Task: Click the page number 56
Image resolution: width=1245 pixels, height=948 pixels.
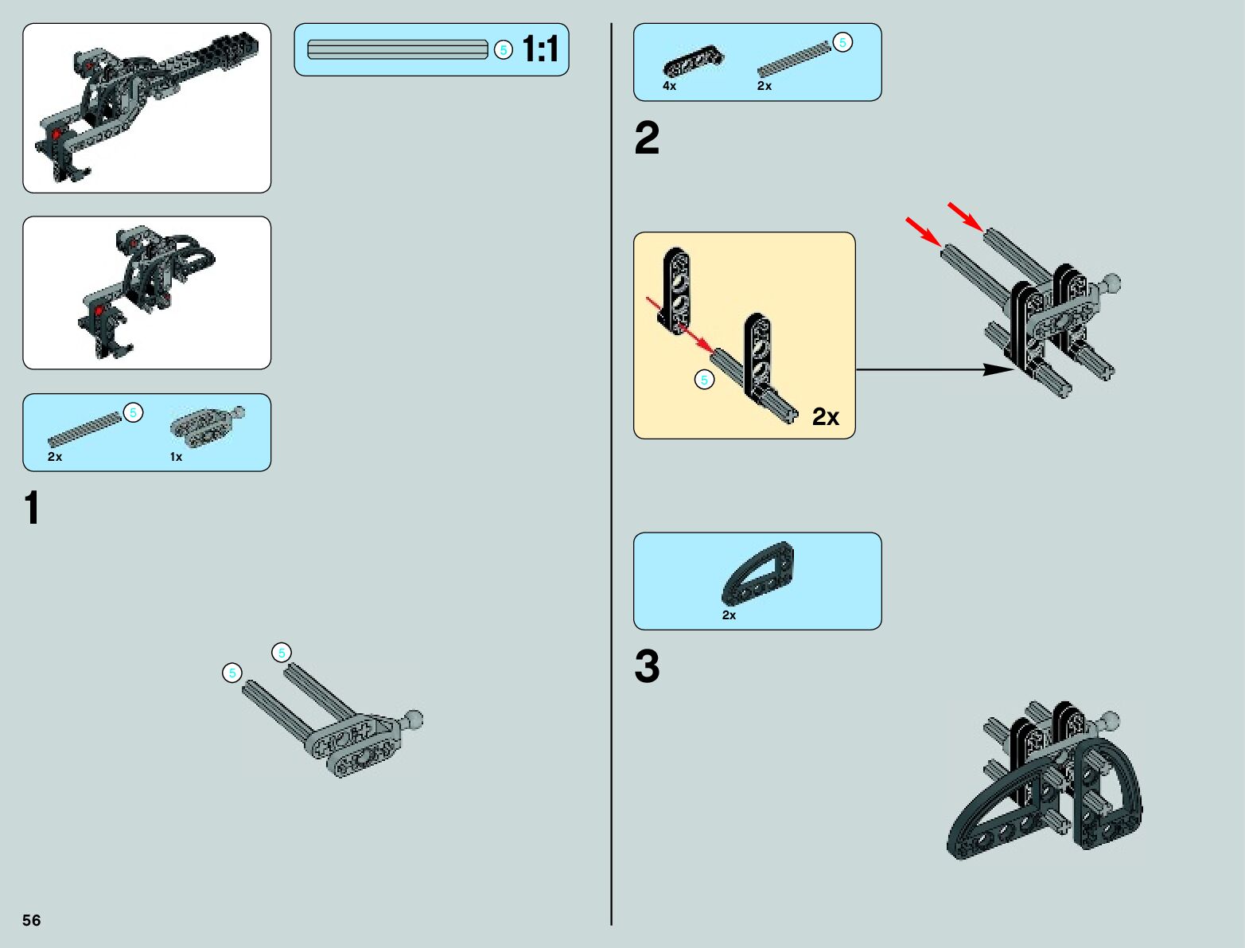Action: [31, 920]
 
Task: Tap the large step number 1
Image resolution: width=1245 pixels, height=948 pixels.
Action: [32, 508]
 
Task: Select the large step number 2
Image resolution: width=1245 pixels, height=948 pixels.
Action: [647, 138]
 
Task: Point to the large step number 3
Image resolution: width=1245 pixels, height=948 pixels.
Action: [647, 666]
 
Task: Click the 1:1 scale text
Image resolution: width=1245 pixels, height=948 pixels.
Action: [541, 49]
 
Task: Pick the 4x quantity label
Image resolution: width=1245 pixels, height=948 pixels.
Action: [669, 86]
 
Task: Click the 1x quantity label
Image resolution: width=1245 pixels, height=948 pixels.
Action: [176, 457]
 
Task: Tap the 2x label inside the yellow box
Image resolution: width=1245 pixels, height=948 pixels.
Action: [825, 416]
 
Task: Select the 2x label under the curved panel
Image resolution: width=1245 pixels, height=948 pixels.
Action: [729, 615]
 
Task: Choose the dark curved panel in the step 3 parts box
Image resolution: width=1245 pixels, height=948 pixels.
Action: [758, 574]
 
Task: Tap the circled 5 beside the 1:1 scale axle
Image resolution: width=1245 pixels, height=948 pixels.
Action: [503, 49]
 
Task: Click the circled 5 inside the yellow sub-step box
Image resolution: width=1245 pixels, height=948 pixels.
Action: [704, 380]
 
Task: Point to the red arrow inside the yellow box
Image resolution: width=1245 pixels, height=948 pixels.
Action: [679, 324]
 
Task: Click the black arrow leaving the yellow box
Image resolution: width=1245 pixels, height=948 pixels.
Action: [931, 369]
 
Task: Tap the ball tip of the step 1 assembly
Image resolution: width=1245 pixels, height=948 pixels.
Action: [414, 720]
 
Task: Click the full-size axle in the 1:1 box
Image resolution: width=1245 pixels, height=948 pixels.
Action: [397, 49]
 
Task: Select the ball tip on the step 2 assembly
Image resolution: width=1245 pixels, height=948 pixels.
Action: [1111, 282]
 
